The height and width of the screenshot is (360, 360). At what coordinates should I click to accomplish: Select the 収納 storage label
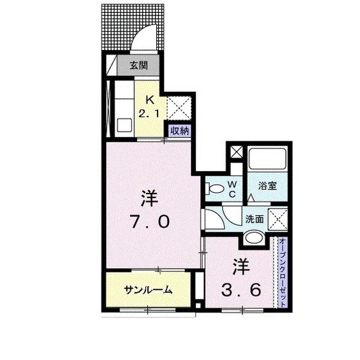point(179,130)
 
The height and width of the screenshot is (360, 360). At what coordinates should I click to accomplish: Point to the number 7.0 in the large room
point(150,222)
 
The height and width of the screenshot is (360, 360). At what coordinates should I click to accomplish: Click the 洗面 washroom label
point(255,219)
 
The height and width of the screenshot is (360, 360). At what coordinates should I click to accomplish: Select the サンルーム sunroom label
point(148,290)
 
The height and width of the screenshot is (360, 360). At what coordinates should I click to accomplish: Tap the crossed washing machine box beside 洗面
point(277,219)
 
